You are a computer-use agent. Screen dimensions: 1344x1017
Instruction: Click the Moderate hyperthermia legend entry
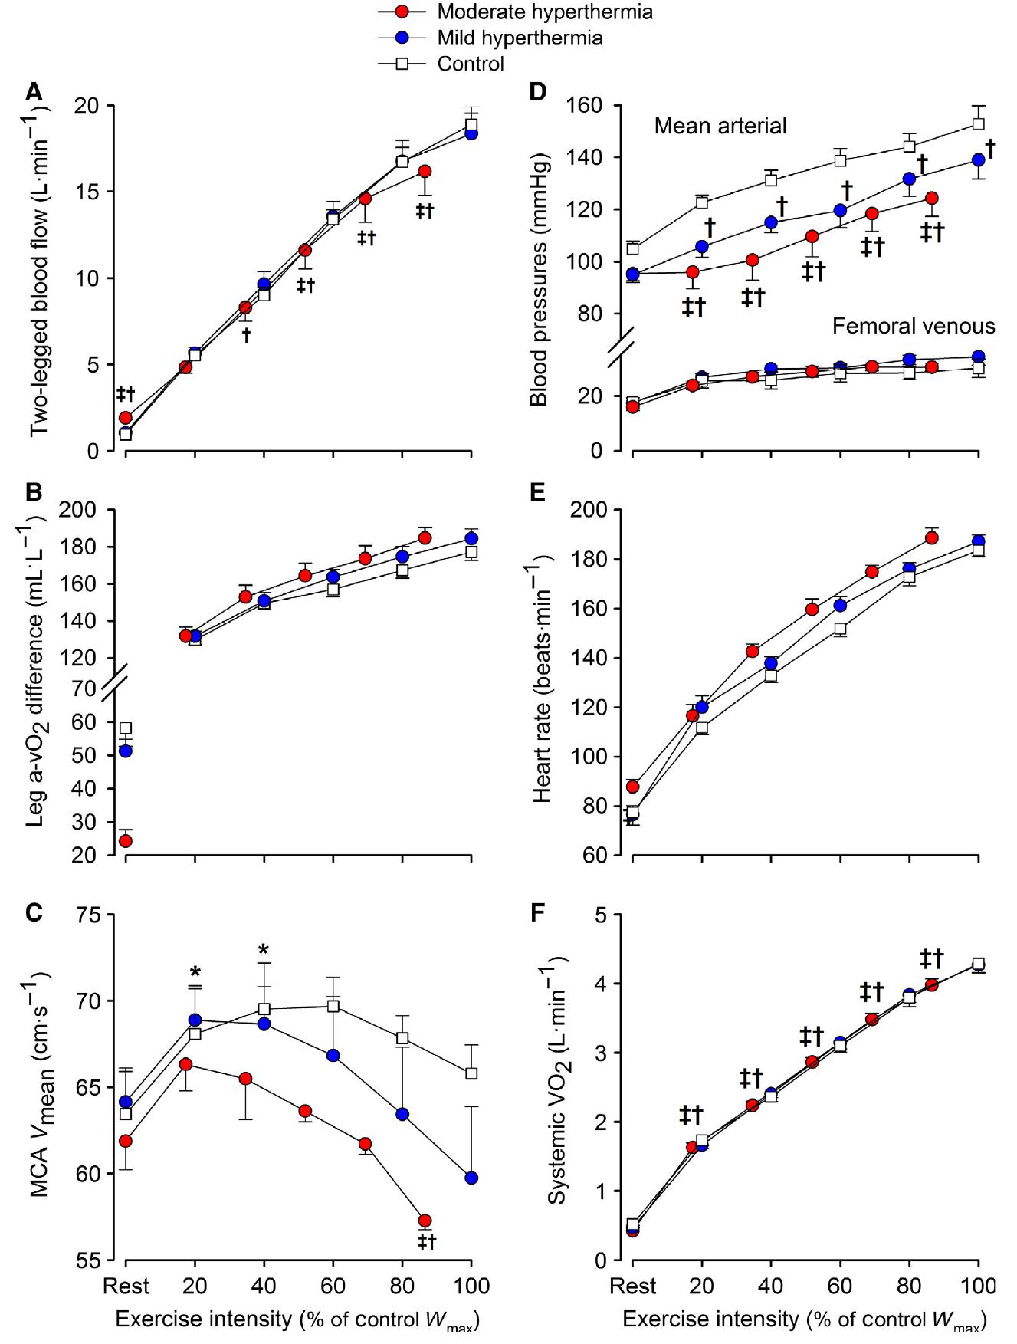(x=544, y=12)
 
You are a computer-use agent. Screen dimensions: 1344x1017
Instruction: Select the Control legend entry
(x=471, y=63)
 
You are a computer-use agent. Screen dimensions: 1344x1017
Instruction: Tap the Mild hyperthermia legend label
(x=520, y=38)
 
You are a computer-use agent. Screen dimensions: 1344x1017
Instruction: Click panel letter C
(x=33, y=914)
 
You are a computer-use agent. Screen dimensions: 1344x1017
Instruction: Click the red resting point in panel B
(x=126, y=840)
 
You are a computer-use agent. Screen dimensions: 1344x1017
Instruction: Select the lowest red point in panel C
(x=425, y=1220)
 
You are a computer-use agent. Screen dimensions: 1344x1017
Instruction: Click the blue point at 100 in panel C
(x=471, y=1178)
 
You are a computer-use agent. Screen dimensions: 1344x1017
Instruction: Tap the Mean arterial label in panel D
(x=720, y=126)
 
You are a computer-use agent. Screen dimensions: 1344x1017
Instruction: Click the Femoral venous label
(x=913, y=327)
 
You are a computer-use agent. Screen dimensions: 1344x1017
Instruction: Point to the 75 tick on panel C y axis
(x=90, y=915)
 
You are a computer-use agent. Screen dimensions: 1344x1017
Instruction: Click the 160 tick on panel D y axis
(x=587, y=105)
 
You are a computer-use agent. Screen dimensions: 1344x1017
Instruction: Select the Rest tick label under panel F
(x=633, y=1285)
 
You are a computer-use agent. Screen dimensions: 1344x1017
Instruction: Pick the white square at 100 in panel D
(x=978, y=123)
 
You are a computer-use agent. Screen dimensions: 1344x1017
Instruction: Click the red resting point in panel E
(x=632, y=787)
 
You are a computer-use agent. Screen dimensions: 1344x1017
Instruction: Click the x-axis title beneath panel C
(x=297, y=1319)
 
